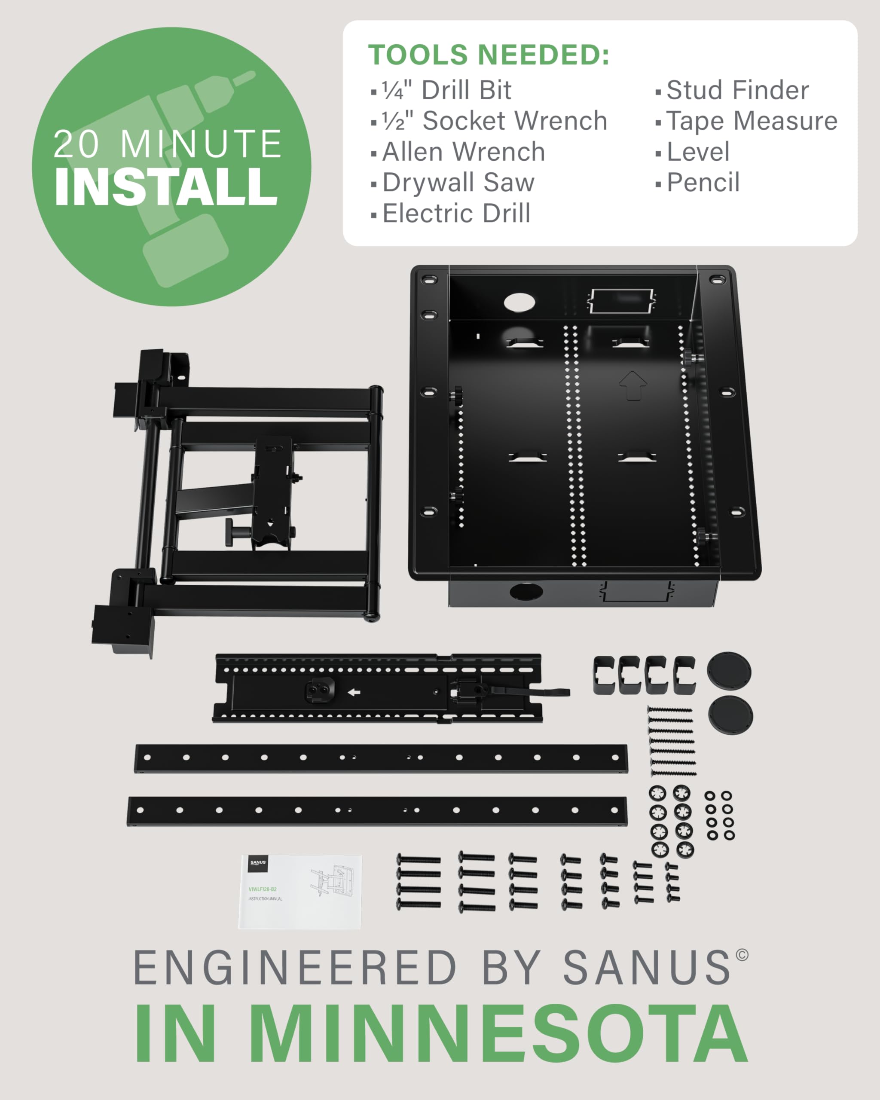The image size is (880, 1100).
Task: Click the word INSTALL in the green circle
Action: click(x=166, y=187)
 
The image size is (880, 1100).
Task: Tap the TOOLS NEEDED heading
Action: click(x=488, y=55)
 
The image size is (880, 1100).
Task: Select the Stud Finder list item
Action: click(x=737, y=90)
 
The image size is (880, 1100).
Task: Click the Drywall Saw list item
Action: click(x=458, y=183)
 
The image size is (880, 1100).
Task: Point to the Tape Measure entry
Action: click(x=752, y=122)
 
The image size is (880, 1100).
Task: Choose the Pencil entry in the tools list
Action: click(x=703, y=183)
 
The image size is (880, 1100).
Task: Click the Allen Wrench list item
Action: click(x=463, y=152)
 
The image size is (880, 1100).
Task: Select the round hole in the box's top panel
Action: click(x=519, y=302)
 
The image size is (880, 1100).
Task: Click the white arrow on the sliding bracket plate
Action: click(x=354, y=692)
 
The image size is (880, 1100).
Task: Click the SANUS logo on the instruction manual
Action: click(x=258, y=863)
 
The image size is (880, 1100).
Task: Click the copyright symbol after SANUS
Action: click(x=742, y=955)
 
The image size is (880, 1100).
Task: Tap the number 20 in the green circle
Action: click(x=76, y=144)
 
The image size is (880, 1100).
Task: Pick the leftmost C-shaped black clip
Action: click(x=604, y=675)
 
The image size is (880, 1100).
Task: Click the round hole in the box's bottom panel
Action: click(x=526, y=592)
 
